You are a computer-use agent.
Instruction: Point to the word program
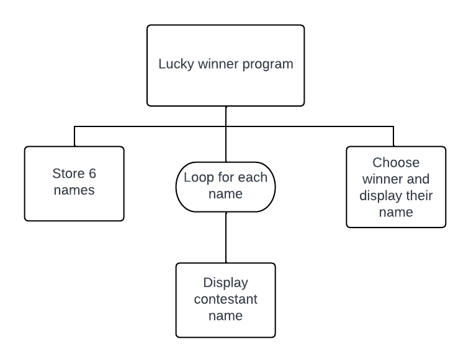pos(267,64)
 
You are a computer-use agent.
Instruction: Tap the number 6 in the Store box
pos(92,174)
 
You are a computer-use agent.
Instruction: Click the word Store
pos(67,174)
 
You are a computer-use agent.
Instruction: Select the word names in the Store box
pos(74,190)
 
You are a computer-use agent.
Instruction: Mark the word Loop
pos(198,177)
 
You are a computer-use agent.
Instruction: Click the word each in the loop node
pos(252,177)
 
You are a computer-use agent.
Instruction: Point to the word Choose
pos(396,163)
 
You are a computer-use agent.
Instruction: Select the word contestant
pos(225,299)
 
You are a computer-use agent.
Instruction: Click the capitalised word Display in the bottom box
pos(225,283)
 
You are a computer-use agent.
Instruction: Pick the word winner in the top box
pos(217,64)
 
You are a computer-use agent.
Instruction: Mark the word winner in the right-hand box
pos(383,180)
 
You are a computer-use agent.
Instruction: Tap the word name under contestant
pos(225,316)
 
